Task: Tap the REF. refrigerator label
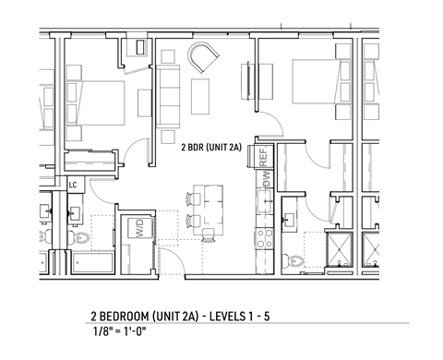point(263,158)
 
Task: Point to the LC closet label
point(72,186)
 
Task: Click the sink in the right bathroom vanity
point(291,220)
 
